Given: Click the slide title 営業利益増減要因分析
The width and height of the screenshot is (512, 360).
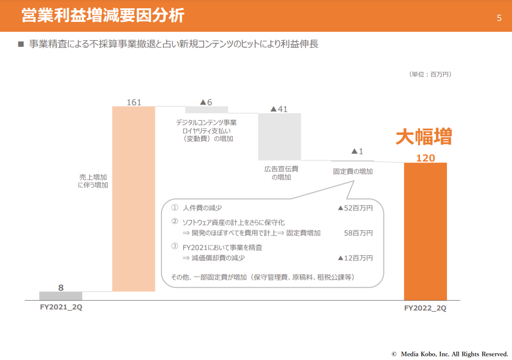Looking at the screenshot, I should click(x=103, y=16).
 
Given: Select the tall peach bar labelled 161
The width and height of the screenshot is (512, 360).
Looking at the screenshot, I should click(x=134, y=198).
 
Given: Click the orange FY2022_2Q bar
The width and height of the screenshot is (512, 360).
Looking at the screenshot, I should click(x=425, y=231).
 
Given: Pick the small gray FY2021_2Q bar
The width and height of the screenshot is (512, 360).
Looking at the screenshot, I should click(x=60, y=296).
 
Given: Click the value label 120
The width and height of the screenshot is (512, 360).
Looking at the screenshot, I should click(x=426, y=158).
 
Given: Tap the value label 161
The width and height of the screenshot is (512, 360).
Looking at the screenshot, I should click(x=134, y=102).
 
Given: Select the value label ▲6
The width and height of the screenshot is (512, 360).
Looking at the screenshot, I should click(x=206, y=102).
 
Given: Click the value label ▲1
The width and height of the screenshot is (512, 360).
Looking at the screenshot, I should click(x=357, y=152).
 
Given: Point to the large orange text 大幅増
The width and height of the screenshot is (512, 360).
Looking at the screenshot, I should click(x=423, y=137).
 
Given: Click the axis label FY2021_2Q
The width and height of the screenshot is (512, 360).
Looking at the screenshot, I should click(x=61, y=307).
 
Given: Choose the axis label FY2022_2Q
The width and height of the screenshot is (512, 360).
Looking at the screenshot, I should click(x=425, y=308).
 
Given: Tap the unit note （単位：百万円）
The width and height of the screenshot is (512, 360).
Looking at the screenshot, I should click(x=430, y=75).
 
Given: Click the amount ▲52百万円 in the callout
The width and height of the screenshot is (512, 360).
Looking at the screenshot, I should click(x=355, y=208).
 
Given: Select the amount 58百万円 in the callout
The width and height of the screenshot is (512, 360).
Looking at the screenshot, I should click(x=358, y=233).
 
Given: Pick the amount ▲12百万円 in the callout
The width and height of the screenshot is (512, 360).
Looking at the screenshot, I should click(x=355, y=258).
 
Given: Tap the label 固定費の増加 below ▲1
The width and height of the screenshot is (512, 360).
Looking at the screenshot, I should click(x=353, y=171).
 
